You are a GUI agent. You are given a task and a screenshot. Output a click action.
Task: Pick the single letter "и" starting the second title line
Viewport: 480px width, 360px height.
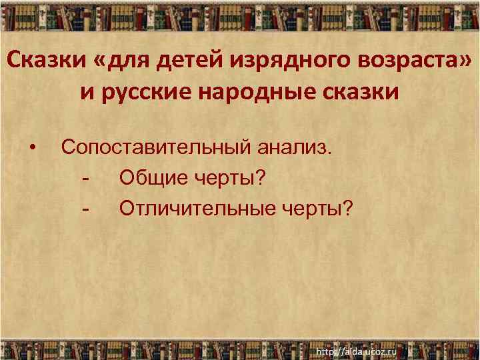point(87,92)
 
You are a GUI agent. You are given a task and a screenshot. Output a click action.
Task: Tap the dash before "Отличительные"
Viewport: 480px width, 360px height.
point(85,209)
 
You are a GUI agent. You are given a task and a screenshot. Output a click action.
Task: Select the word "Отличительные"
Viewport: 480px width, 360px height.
point(188,209)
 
